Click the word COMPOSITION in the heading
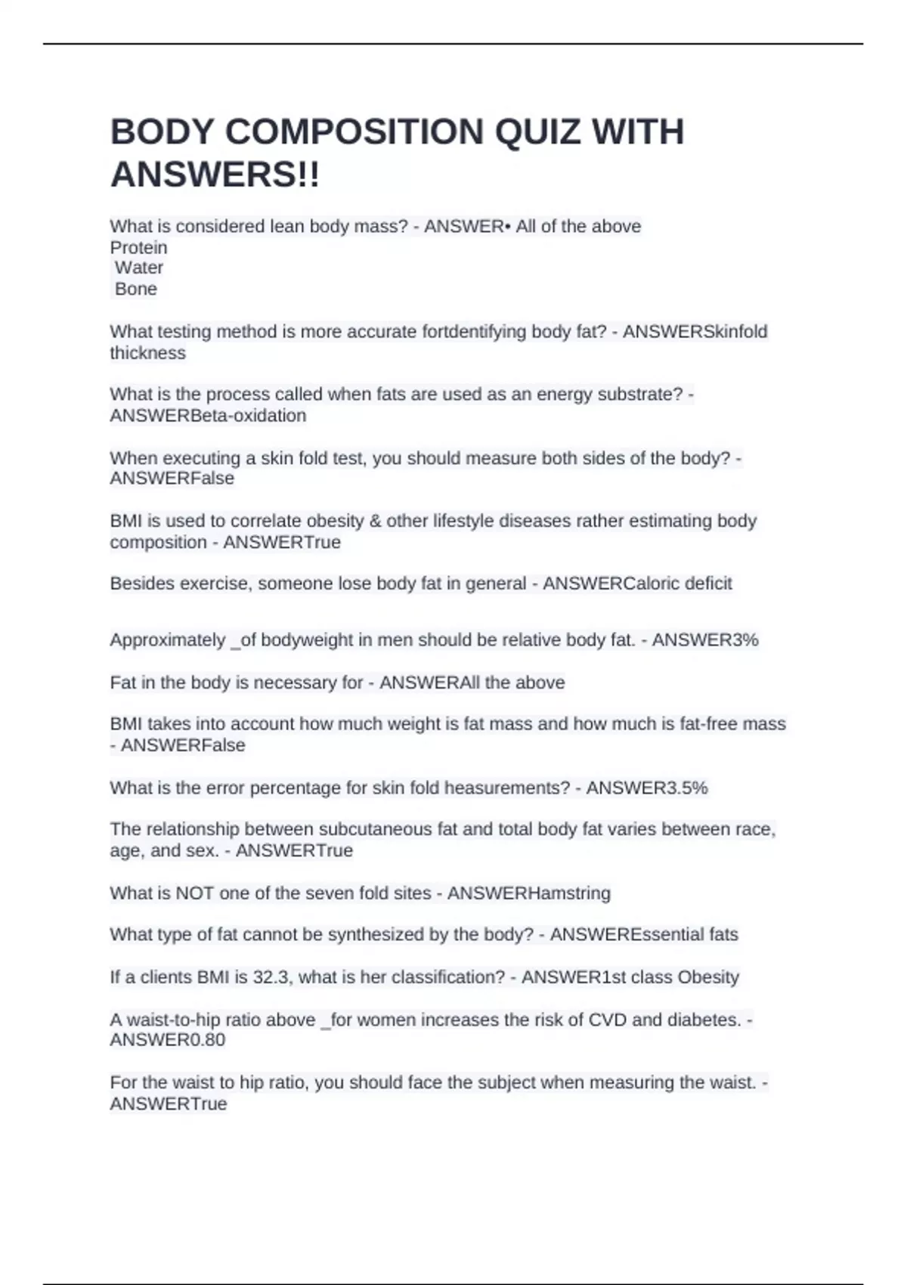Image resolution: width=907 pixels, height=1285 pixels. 354,132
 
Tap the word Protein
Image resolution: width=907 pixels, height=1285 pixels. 138,248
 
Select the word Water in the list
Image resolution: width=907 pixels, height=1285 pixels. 139,268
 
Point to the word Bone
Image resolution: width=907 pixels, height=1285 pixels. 136,289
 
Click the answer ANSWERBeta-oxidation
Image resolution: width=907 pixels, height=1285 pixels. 208,416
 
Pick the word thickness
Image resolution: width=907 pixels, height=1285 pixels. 147,353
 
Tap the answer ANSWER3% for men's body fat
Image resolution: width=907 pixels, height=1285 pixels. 704,640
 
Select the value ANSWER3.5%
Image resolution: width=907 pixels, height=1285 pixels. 646,788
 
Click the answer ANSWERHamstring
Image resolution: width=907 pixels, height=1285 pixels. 528,893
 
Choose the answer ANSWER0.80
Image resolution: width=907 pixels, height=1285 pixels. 167,1040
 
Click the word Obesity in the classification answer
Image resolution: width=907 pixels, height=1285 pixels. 708,977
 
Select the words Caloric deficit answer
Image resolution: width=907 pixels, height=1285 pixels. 637,584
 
